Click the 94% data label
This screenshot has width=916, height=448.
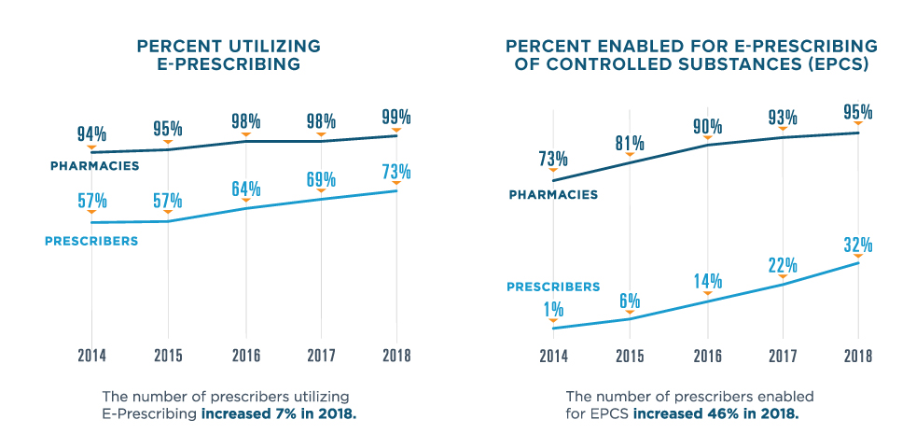(91, 133)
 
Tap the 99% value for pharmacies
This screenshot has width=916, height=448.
(396, 117)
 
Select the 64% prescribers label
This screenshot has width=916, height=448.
(245, 187)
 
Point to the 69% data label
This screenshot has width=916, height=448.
(321, 178)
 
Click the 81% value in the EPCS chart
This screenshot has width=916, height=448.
(630, 144)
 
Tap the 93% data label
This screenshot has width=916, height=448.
(783, 118)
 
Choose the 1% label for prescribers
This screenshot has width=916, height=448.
(553, 308)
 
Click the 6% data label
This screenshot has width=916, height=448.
(630, 301)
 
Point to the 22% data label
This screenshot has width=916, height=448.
(783, 264)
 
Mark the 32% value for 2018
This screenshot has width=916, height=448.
(858, 245)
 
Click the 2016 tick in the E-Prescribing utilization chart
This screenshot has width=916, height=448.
(245, 356)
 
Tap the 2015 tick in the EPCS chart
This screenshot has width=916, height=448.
(630, 356)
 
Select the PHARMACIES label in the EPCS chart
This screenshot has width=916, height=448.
(553, 195)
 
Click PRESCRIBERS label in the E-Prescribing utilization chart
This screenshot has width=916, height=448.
(91, 241)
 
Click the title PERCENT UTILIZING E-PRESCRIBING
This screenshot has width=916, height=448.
(229, 55)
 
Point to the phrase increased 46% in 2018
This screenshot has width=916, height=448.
(715, 412)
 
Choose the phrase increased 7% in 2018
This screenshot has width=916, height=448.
(279, 412)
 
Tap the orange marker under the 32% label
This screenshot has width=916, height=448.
(858, 257)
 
